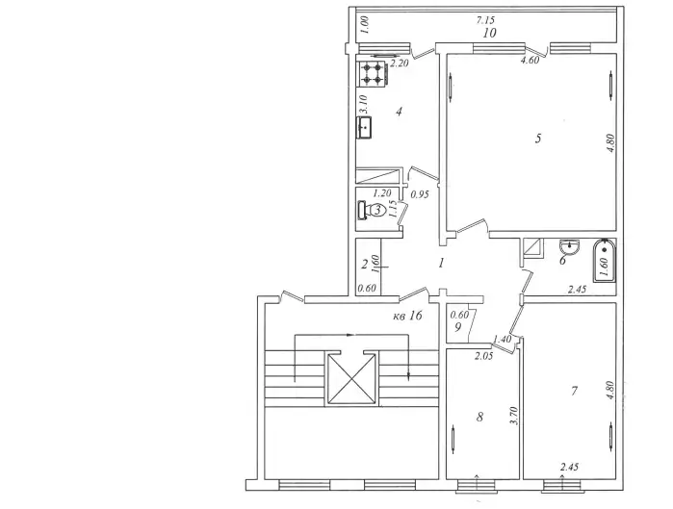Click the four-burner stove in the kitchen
(x=374, y=73)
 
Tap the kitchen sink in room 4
(x=364, y=127)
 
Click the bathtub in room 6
(x=605, y=261)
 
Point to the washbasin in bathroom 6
(x=570, y=247)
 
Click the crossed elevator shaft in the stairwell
(x=351, y=378)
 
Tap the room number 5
(x=538, y=139)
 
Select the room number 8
(x=479, y=417)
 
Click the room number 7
(x=574, y=391)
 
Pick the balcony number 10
(x=490, y=33)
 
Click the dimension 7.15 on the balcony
(x=485, y=20)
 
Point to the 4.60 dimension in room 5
(x=530, y=61)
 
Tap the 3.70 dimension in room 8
(x=515, y=416)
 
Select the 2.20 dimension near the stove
(x=400, y=64)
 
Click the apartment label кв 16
(x=408, y=316)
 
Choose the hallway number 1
(x=441, y=263)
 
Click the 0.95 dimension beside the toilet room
(x=420, y=194)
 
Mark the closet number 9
(x=457, y=327)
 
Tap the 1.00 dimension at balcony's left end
(x=365, y=25)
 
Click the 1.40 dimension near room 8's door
(x=503, y=340)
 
